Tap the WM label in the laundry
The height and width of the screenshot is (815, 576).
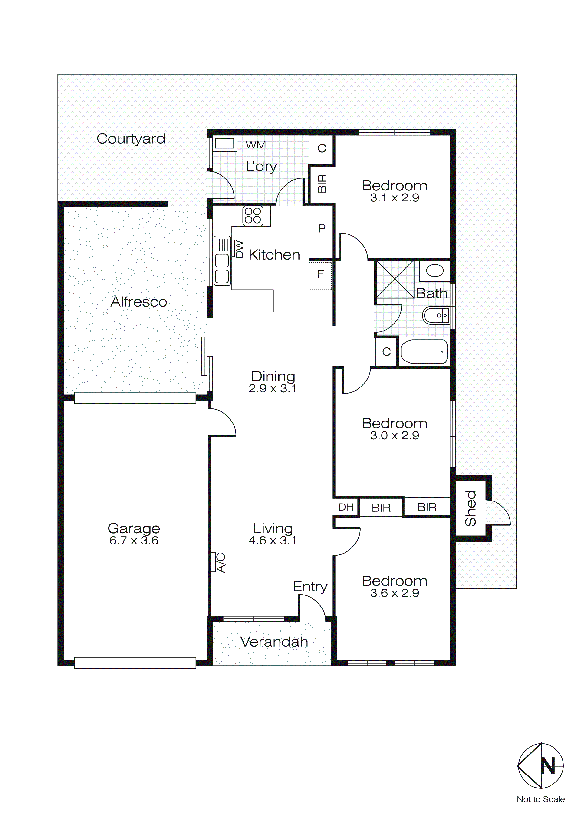point(256,145)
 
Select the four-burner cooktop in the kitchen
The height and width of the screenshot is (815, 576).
point(253,215)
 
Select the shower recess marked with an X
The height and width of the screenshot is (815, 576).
point(395,279)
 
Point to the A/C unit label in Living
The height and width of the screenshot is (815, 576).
point(221,563)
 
